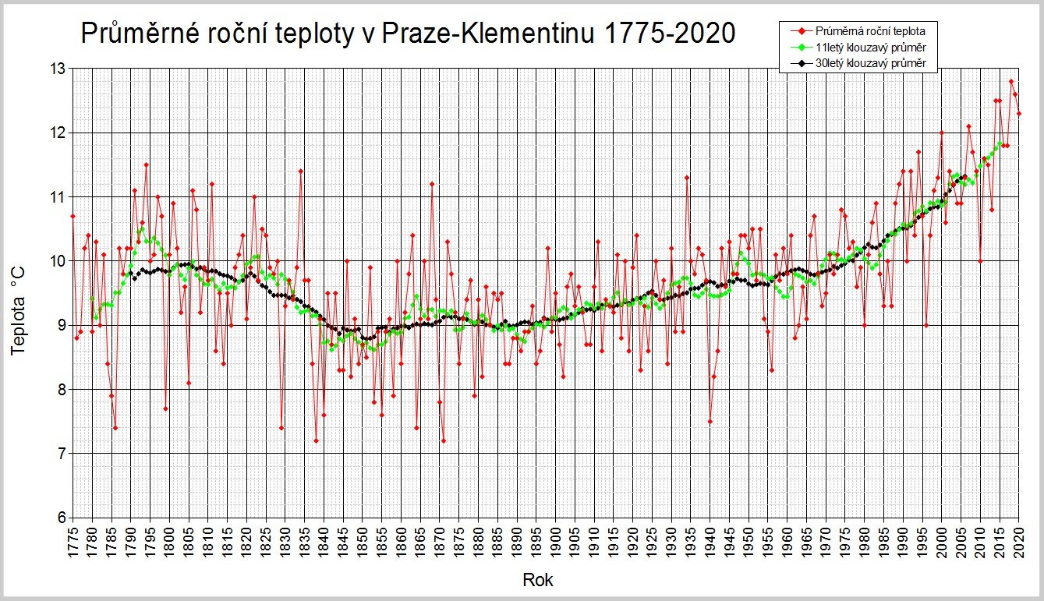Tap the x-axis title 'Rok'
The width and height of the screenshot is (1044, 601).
click(x=538, y=580)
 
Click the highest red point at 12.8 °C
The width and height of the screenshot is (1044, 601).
click(x=1010, y=81)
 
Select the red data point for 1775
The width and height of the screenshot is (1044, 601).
click(x=73, y=216)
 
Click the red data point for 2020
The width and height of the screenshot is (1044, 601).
click(x=1018, y=113)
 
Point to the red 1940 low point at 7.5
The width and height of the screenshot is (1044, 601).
click(x=710, y=421)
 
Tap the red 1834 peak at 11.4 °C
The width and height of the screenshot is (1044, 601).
click(x=300, y=171)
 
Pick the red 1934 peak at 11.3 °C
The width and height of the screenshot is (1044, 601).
click(x=686, y=177)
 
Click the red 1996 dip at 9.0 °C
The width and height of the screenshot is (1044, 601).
click(x=925, y=325)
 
